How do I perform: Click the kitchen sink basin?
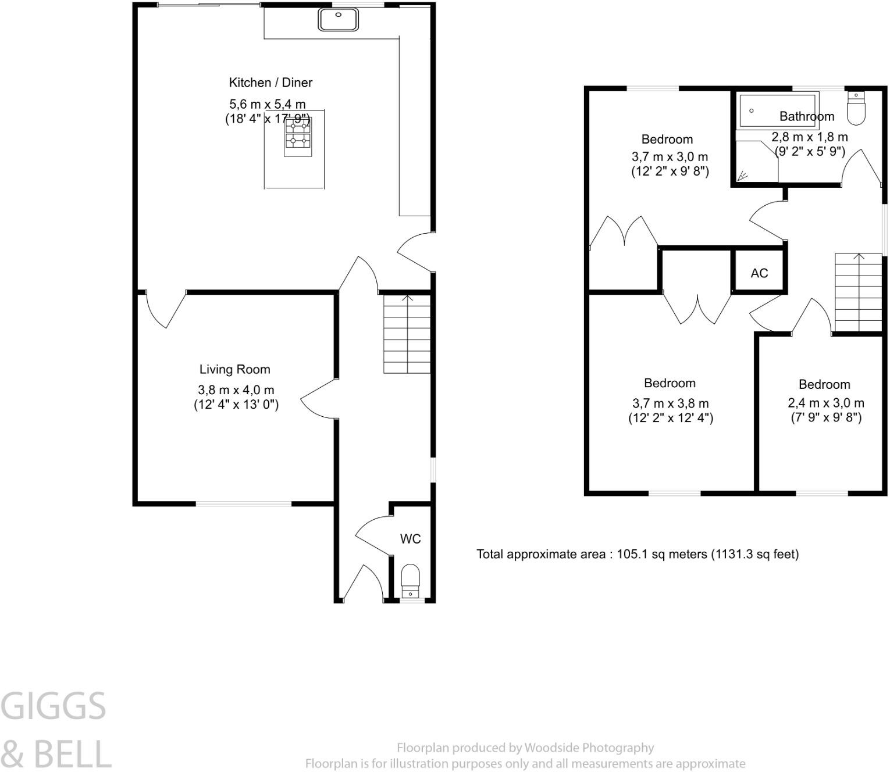tap(339, 20)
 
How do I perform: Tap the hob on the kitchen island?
tap(297, 138)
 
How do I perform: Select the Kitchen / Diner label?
tap(270, 83)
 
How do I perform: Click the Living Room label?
tap(234, 370)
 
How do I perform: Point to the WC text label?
tap(410, 539)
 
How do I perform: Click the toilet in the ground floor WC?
tap(410, 581)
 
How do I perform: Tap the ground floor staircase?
tap(407, 334)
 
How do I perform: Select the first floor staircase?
tap(858, 292)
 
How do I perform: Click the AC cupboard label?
tap(759, 273)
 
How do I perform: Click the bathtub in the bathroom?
tap(777, 111)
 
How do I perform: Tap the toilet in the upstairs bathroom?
tap(856, 108)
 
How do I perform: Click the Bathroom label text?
tap(806, 116)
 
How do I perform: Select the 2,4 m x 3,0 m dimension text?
tap(825, 403)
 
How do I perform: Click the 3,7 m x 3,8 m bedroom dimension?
tap(670, 403)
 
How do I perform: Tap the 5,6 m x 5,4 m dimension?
tap(267, 104)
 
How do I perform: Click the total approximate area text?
tap(638, 554)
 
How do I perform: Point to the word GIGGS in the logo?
tap(53, 706)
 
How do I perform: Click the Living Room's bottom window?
tap(243, 503)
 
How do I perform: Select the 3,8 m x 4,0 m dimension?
tap(236, 390)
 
